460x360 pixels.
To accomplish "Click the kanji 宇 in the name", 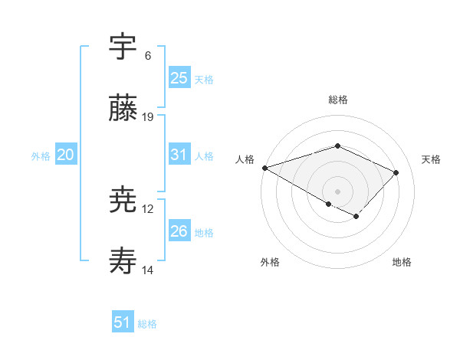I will [123, 47].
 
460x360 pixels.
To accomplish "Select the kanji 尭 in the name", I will [123, 201].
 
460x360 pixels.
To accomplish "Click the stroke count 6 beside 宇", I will [148, 56].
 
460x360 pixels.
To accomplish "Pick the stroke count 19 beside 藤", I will [148, 117].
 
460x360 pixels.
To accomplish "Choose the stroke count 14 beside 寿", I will [148, 270].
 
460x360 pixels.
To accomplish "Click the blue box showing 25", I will [179, 77].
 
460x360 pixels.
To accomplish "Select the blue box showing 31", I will [179, 155].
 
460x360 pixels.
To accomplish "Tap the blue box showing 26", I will [179, 231].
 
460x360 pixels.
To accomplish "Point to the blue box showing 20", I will [66, 155].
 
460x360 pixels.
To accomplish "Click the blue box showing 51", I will [123, 322].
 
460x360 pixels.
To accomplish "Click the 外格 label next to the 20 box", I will [41, 156].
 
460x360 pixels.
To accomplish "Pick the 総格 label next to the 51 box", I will [147, 324].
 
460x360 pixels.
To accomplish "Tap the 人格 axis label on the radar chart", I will [245, 159].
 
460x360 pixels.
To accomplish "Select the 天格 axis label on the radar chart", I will [431, 159].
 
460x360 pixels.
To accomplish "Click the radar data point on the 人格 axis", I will [264, 167].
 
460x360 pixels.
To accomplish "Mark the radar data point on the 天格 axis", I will [396, 172].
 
